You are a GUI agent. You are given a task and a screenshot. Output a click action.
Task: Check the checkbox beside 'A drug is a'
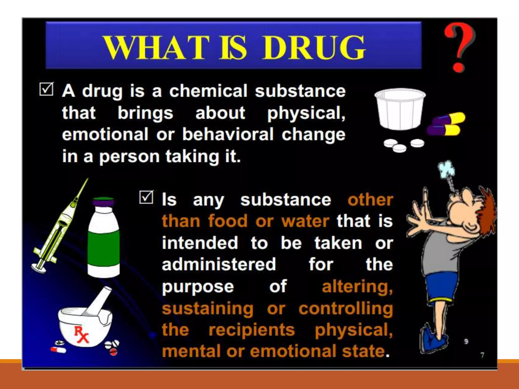point(46,89)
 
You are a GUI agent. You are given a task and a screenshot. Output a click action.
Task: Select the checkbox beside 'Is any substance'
point(146,197)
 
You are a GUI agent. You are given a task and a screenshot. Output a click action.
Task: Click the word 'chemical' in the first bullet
point(208,91)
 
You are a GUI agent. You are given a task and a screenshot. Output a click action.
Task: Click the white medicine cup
point(400,109)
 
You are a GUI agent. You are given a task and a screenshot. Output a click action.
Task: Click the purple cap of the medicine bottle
point(103,202)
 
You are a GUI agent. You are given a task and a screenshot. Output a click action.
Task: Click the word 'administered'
point(219,265)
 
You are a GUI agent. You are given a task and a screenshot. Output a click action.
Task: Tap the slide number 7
point(482,355)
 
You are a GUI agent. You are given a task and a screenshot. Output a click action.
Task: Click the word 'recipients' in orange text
point(252,330)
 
